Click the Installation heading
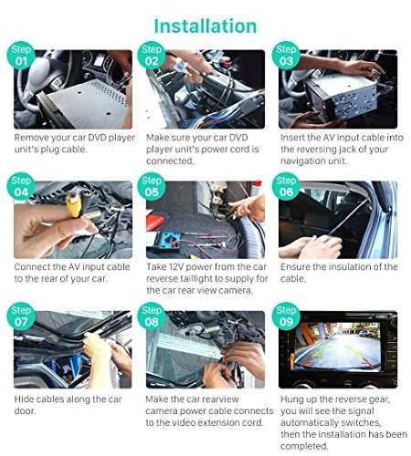pos(205,26)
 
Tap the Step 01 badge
pos(21,56)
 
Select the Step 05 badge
pos(152,186)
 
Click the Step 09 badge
pos(286,316)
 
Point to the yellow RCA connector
pos(74,204)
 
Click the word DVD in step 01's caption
pos(97,138)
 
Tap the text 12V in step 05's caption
pos(175,267)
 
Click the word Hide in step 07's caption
pos(23,399)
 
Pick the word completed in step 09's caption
pos(304,446)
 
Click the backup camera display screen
pos(337,347)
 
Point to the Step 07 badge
pos(21,316)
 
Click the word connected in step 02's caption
pos(170,161)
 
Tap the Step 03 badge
pos(286,56)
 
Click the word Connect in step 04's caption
pos(32,267)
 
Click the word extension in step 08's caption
pos(220,422)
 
